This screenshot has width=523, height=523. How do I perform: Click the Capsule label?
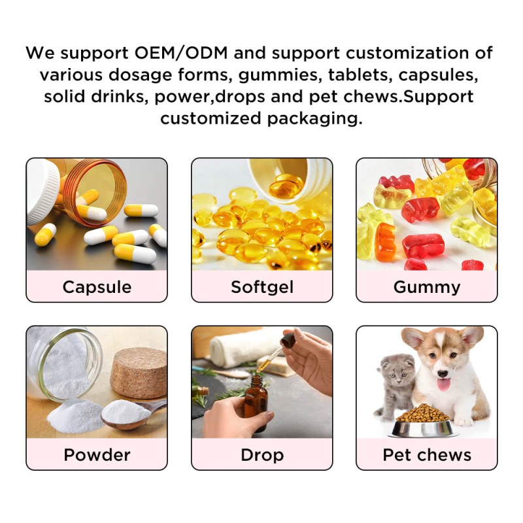pos(97,287)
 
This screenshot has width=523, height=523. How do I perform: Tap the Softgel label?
pos(261,287)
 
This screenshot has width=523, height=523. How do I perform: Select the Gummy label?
pos(427,287)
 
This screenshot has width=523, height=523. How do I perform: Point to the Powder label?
pos(97,454)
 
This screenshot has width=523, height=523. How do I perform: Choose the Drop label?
pos(261,454)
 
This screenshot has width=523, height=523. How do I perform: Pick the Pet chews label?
pos(427,454)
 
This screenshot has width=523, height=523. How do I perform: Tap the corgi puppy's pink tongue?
pos(444,384)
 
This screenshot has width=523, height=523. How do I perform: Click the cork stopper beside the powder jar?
pos(138,373)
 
